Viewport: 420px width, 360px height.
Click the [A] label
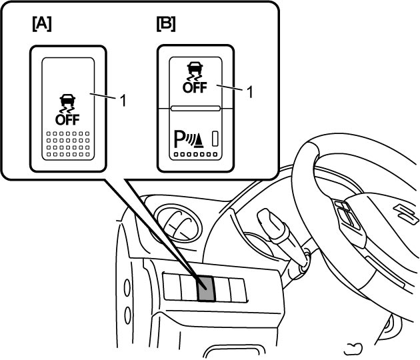[42, 23]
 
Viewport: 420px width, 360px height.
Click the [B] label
[166, 23]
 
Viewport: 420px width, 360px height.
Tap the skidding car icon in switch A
[67, 103]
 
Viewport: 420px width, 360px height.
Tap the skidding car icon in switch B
[195, 71]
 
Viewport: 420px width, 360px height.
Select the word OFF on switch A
[67, 119]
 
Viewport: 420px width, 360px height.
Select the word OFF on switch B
[195, 87]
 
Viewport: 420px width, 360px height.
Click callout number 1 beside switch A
[123, 101]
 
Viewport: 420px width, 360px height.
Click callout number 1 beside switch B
[249, 93]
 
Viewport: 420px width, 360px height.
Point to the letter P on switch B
[179, 139]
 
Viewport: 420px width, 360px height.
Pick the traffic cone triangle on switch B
[199, 141]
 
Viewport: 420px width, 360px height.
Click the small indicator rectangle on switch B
[215, 139]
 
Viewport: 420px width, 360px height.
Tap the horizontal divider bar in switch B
[195, 108]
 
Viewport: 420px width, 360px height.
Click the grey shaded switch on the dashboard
[206, 288]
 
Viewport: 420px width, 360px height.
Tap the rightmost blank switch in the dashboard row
[238, 291]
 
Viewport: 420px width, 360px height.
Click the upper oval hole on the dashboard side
[127, 288]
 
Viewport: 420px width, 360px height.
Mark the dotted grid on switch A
[68, 144]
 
